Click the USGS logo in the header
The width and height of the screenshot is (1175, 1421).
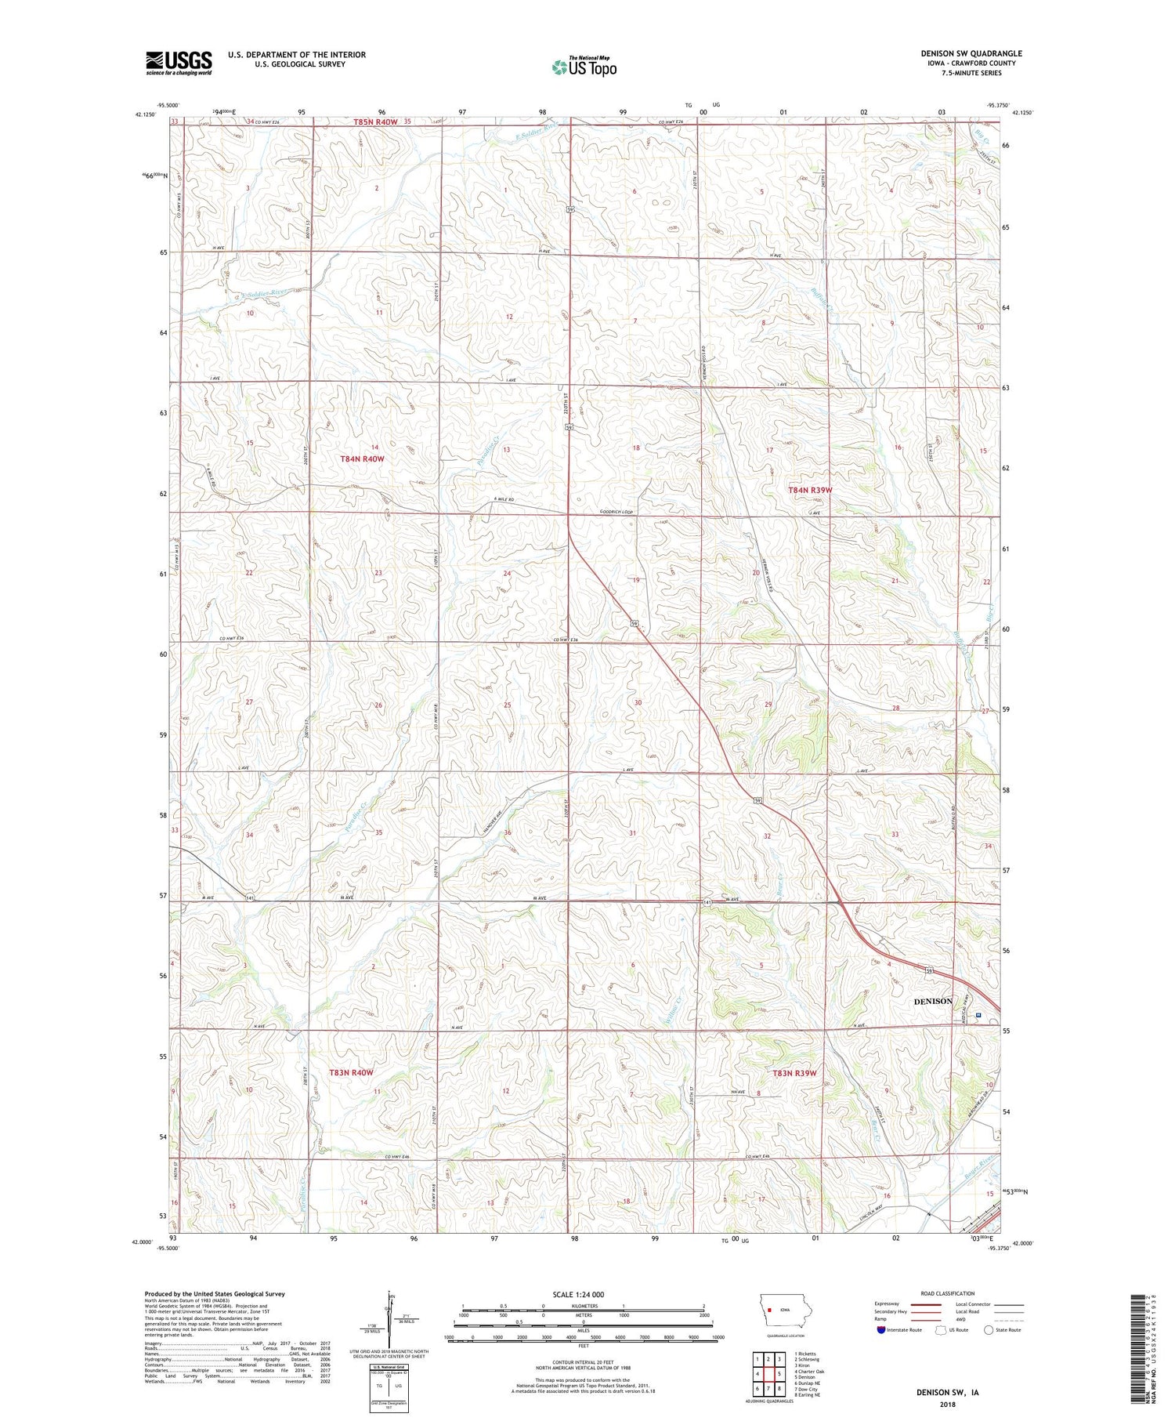[x=179, y=63]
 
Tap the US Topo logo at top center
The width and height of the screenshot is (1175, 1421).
[x=584, y=67]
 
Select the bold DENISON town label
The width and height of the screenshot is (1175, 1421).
[x=933, y=1001]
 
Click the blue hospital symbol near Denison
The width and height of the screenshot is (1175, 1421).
[x=978, y=1016]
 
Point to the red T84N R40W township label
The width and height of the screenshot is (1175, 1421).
[x=362, y=459]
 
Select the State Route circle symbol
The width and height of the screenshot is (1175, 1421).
[x=989, y=1329]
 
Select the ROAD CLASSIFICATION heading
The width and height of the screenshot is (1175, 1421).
[x=948, y=1293]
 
